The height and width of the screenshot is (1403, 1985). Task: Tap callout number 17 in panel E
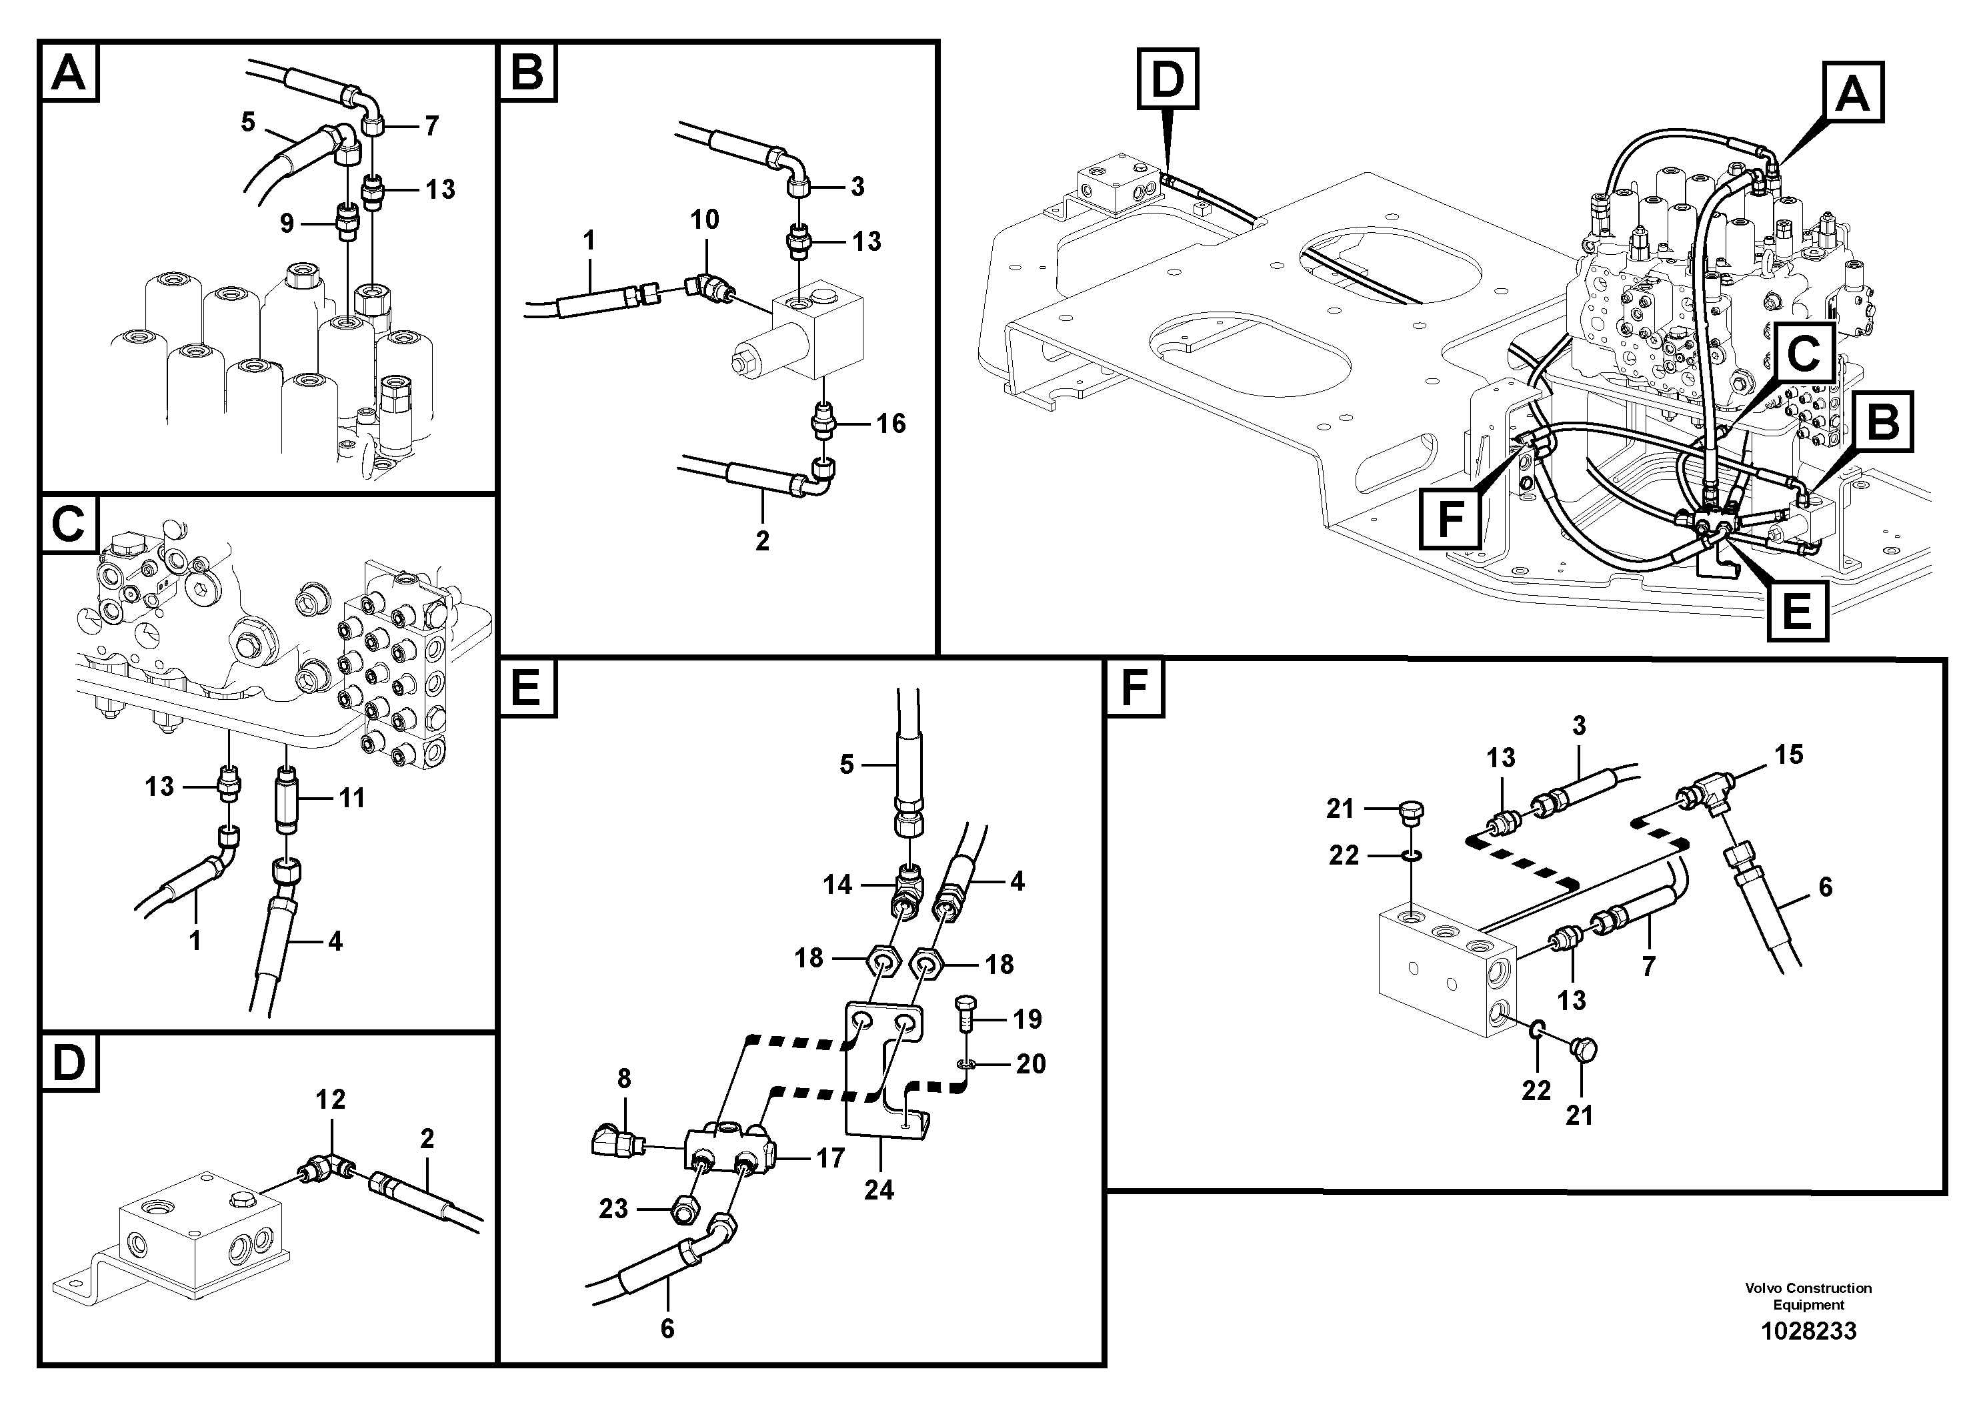[x=830, y=1157]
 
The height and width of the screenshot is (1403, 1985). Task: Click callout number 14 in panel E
[x=837, y=884]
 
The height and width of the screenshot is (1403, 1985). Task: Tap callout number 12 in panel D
[x=330, y=1099]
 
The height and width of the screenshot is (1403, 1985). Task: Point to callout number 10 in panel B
[x=705, y=219]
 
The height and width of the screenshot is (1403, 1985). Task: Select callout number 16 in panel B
[x=891, y=423]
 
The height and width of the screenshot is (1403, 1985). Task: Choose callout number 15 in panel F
[x=1789, y=755]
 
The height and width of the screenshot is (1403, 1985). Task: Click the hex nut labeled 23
[x=685, y=1214]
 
